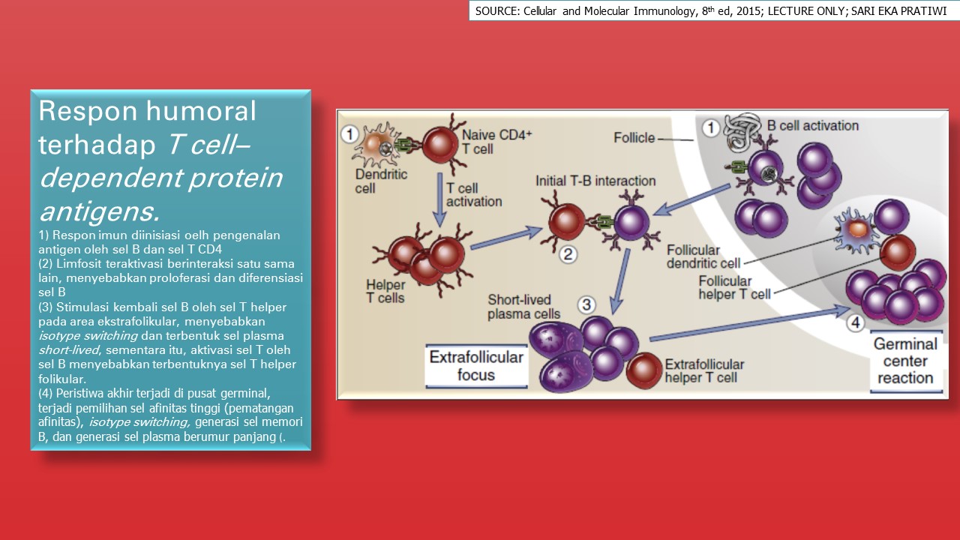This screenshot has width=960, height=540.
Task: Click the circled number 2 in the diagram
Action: click(x=568, y=254)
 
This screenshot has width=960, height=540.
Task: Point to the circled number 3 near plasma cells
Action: click(x=586, y=304)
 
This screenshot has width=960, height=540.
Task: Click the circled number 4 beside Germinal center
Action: click(x=856, y=323)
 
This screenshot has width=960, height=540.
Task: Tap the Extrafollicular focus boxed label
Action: click(x=475, y=366)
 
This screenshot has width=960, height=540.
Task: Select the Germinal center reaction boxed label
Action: click(x=905, y=361)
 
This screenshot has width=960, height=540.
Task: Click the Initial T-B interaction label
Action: click(x=595, y=181)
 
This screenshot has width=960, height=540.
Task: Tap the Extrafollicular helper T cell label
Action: click(x=704, y=371)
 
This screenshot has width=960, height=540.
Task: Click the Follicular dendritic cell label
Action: click(x=693, y=256)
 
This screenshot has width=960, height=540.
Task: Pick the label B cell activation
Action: click(x=813, y=125)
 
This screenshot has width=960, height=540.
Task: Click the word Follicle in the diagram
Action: click(x=634, y=137)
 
